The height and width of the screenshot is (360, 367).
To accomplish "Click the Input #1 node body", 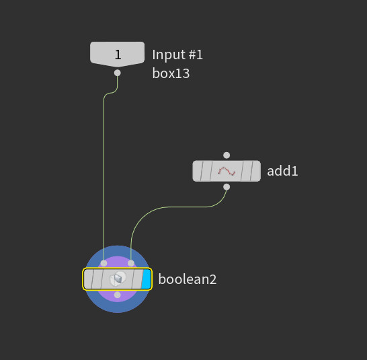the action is (x=117, y=54).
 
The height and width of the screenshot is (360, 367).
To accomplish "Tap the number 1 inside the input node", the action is (x=118, y=55).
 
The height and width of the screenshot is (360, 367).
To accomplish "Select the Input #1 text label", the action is (x=177, y=55).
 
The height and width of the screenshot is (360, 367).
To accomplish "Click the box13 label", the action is (x=171, y=73).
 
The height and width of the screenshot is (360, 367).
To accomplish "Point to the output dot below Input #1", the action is (x=118, y=73).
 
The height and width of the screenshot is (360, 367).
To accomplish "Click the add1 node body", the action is (x=227, y=171).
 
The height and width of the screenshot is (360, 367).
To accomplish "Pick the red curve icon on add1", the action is (x=227, y=172).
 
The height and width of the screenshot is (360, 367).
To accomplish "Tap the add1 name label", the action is (x=282, y=171).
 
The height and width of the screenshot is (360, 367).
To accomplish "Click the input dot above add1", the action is (x=227, y=155).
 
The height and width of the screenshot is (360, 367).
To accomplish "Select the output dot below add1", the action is (x=227, y=187).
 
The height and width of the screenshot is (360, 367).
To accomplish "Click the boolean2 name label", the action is (x=188, y=279).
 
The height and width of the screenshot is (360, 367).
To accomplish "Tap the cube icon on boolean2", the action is (x=118, y=279).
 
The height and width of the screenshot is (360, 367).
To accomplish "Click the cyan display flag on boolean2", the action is (x=147, y=279).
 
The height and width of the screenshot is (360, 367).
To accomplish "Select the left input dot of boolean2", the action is (x=104, y=263).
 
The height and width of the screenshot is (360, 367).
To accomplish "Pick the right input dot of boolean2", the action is (x=131, y=263).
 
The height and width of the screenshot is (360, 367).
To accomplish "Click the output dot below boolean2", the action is (x=118, y=295).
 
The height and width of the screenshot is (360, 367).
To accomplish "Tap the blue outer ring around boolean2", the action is (x=118, y=308).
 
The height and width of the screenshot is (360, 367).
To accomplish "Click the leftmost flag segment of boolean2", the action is (x=88, y=279).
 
